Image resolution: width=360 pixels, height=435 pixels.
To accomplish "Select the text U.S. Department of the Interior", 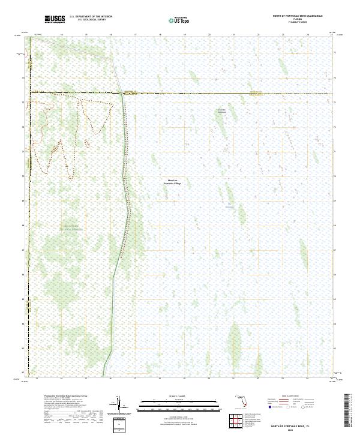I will tap(91, 17).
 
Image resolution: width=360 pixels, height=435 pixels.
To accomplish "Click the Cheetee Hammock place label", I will tap(222, 110).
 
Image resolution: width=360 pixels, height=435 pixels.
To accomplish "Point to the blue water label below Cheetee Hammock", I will tap(229, 208).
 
